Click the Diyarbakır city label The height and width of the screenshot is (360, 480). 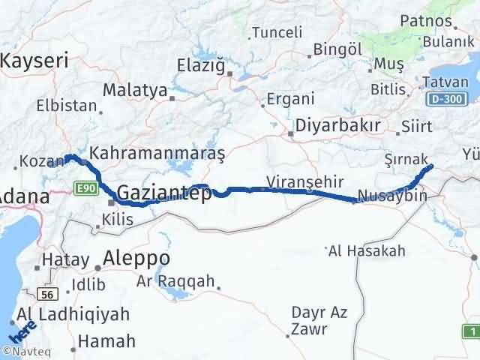(x=338, y=125)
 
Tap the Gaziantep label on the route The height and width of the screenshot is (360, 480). (x=163, y=193)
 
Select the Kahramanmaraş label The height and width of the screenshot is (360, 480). (x=157, y=153)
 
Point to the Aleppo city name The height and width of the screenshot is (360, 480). (x=137, y=259)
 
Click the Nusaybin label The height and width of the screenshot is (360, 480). (x=392, y=196)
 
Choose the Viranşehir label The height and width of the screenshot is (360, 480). (x=305, y=181)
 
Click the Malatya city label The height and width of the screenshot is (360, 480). (x=135, y=91)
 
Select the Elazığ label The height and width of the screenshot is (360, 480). (x=200, y=65)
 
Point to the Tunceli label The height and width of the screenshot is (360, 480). (x=277, y=32)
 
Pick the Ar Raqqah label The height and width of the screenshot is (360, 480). (x=175, y=281)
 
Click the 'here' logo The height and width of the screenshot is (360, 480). (x=19, y=330)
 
